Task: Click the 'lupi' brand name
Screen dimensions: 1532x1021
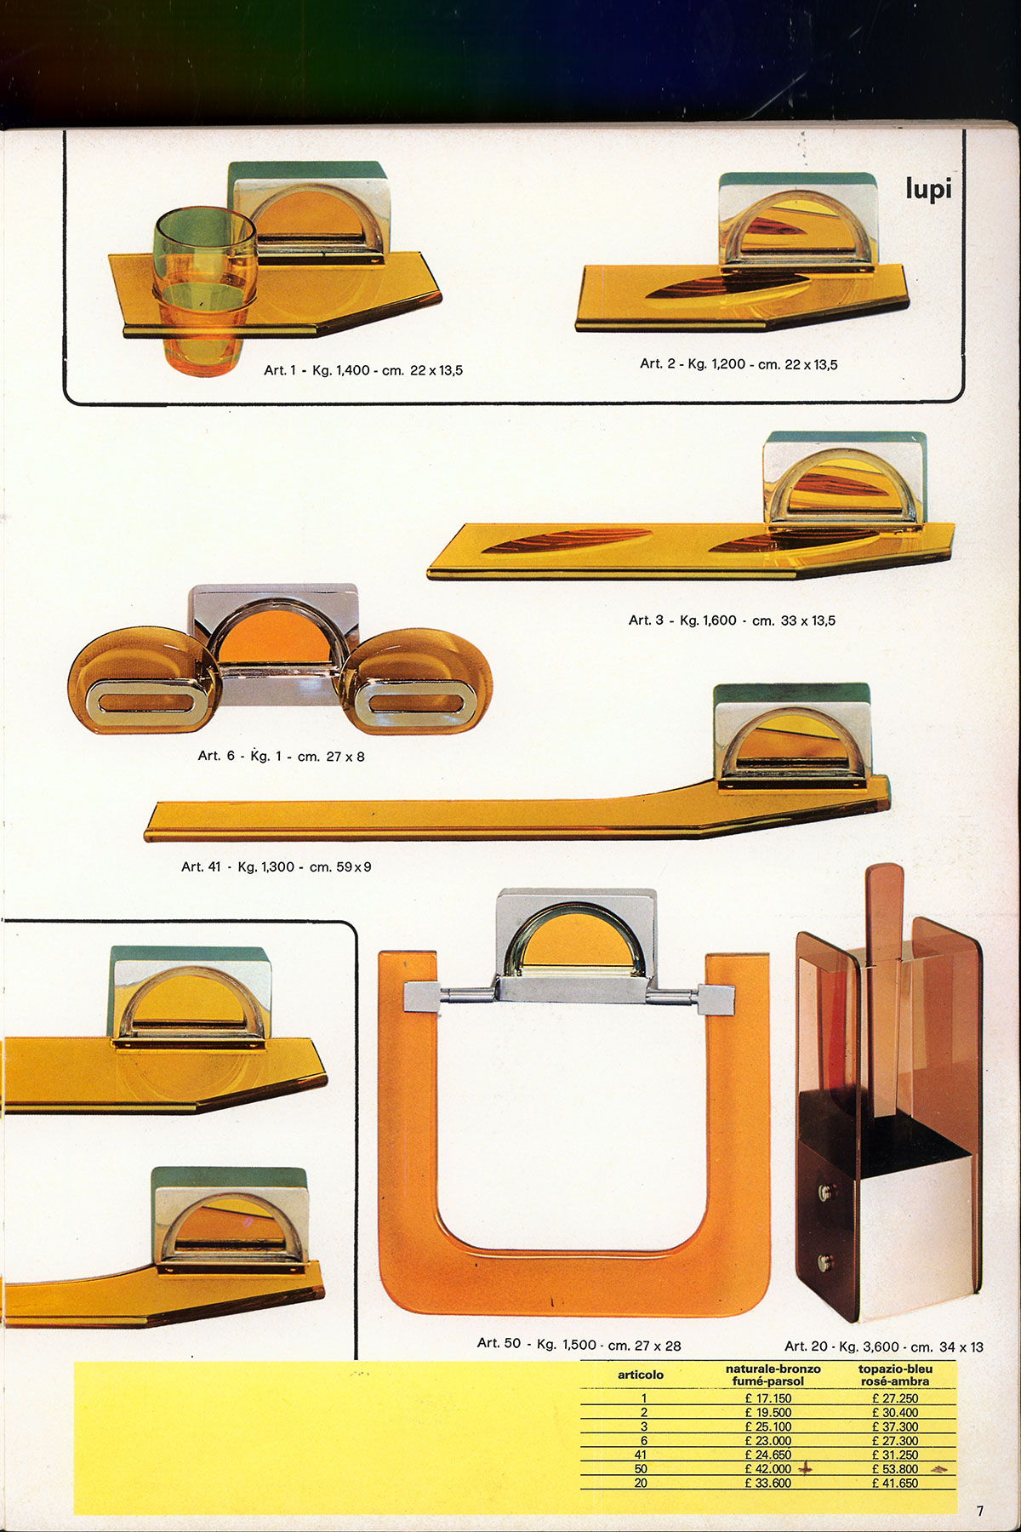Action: click(x=927, y=188)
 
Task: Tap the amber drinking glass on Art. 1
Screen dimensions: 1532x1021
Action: click(x=204, y=289)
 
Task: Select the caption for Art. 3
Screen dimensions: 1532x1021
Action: click(x=732, y=620)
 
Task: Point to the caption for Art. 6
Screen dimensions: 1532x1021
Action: click(x=281, y=756)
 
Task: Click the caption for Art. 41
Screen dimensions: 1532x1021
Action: click(x=276, y=867)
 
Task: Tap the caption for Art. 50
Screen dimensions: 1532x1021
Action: click(x=579, y=1345)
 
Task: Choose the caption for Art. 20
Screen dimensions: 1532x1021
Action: click(x=883, y=1346)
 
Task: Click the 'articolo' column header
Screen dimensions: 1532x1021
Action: click(x=640, y=1375)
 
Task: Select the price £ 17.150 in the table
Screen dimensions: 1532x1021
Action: click(x=767, y=1398)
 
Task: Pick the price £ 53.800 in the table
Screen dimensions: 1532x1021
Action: click(x=894, y=1468)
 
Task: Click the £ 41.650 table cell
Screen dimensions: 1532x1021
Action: click(x=894, y=1483)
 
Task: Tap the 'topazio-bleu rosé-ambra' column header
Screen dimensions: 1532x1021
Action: click(x=895, y=1375)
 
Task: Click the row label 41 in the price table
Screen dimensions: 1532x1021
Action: click(x=641, y=1455)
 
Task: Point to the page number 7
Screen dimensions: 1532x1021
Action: click(x=980, y=1511)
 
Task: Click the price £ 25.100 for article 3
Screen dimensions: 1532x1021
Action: click(x=767, y=1426)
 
